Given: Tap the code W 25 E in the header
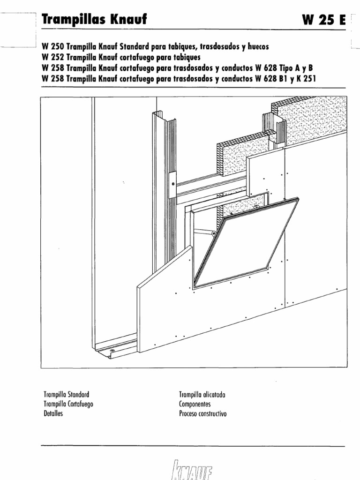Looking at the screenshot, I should tap(324, 20).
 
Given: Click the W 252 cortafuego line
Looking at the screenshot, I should tap(121, 58).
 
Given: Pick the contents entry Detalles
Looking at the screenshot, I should tap(53, 414).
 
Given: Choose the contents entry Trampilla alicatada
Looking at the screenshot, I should tap(202, 395).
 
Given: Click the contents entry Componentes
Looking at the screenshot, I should tap(195, 404).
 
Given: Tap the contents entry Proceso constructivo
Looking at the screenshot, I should tap(202, 414).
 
